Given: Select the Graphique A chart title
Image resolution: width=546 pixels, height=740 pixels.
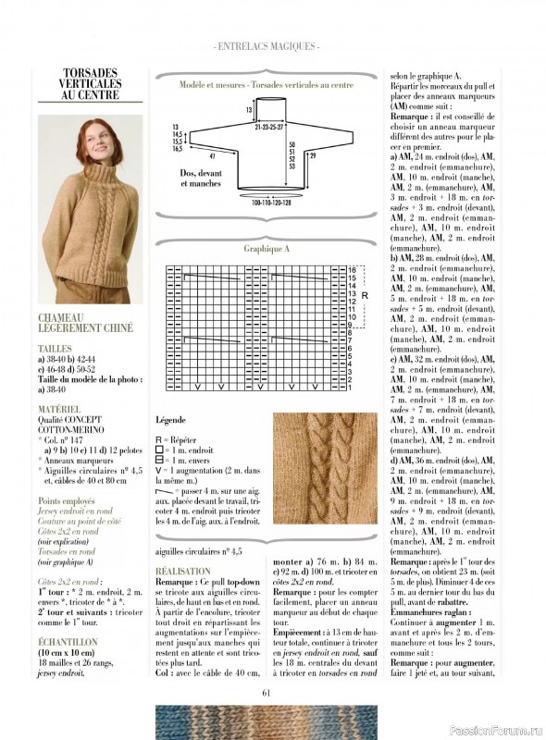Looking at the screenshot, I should click(267, 249).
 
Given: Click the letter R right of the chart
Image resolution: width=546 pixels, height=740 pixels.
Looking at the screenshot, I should click(365, 295).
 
